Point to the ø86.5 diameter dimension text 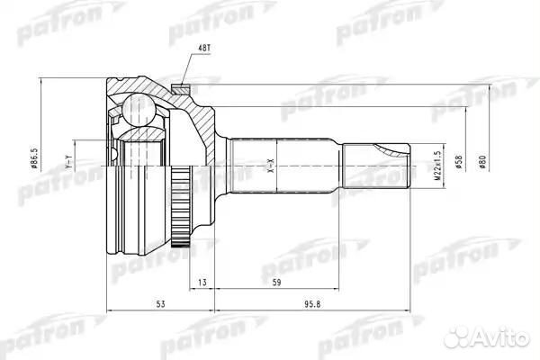pyautogui.click(x=55, y=164)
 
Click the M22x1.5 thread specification pyautogui.click(x=438, y=163)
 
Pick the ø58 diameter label pyautogui.click(x=460, y=163)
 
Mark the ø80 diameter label pyautogui.click(x=483, y=163)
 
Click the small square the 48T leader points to pyautogui.click(x=181, y=87)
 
